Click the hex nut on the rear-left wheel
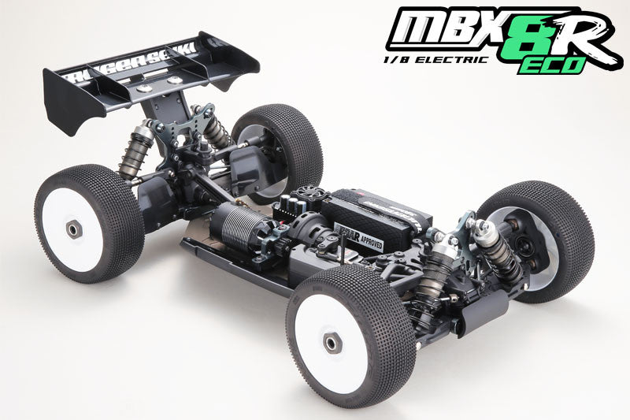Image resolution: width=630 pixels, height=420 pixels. click(x=73, y=229)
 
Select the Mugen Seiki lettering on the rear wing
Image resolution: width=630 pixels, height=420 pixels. click(x=130, y=69)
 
